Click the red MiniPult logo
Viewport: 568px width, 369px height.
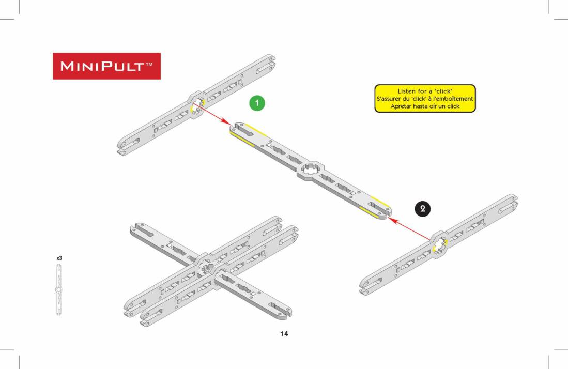coord(106,66)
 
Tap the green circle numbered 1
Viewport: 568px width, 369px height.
coord(257,103)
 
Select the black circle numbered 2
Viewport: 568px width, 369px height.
coord(422,209)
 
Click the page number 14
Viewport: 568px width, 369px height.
coord(284,334)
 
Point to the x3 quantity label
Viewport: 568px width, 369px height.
coord(59,258)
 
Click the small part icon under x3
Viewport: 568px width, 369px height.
coord(59,290)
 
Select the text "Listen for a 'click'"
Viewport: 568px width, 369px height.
coord(424,91)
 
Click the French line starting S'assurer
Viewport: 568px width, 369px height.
coord(424,99)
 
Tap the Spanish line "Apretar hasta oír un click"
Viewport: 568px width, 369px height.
coord(424,106)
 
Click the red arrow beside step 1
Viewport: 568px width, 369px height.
coord(211,114)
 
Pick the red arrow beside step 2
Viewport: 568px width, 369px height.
coord(410,228)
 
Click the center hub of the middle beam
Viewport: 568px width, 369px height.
coord(311,169)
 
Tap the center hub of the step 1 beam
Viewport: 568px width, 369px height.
coord(196,104)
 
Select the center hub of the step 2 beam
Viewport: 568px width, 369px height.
coord(439,244)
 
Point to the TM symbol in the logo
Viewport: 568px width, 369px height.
coord(149,65)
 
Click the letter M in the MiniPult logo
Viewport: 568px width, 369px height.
coord(67,66)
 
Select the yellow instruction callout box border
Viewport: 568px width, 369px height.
coord(424,85)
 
